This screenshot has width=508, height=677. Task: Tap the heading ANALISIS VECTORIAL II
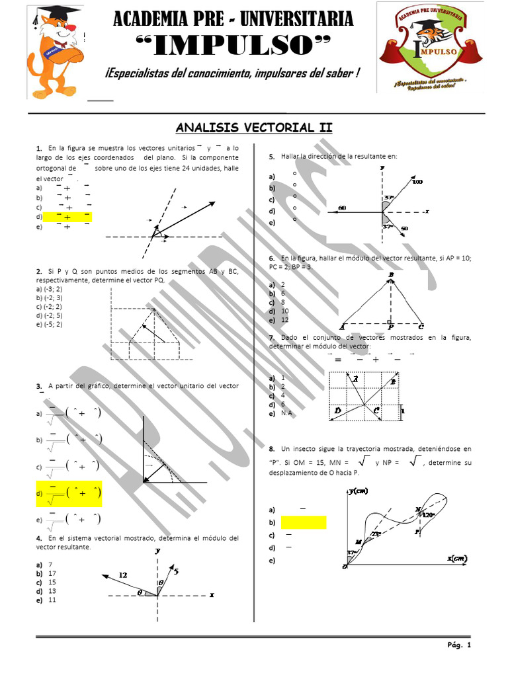tap(253, 127)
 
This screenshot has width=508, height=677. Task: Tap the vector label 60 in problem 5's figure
tap(342, 208)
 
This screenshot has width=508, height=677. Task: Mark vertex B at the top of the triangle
tap(391, 274)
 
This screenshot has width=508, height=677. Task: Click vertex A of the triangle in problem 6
tap(342, 327)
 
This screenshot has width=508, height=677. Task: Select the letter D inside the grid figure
tap(337, 411)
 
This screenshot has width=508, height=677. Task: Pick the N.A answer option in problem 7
tap(286, 413)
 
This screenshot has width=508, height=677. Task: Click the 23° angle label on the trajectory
tap(377, 534)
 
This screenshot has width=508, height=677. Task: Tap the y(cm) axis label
tap(361, 491)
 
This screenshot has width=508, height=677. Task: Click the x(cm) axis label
tap(456, 558)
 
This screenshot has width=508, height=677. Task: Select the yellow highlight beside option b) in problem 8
tap(304, 523)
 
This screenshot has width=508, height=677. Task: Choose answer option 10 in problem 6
tap(285, 311)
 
